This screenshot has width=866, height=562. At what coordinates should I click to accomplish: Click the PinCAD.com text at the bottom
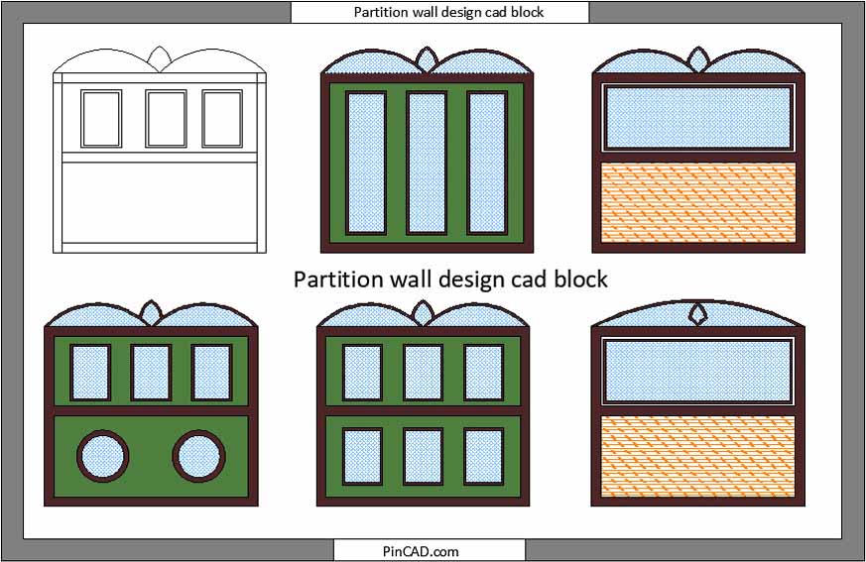click(x=421, y=551)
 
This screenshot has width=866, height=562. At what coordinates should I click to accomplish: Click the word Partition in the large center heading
click(x=338, y=280)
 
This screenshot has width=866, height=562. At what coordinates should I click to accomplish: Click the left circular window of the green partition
click(x=103, y=457)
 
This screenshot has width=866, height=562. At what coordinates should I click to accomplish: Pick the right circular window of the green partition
click(x=198, y=457)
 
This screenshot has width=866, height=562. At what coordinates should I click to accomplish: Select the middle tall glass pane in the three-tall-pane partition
click(x=427, y=163)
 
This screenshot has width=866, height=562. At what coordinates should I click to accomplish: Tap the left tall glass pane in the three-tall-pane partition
click(x=366, y=163)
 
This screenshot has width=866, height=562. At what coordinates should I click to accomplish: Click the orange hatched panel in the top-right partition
click(x=698, y=202)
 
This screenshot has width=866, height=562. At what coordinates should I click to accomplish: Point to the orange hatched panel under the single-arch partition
click(x=698, y=456)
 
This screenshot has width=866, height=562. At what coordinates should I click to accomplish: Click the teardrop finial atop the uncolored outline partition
click(x=160, y=59)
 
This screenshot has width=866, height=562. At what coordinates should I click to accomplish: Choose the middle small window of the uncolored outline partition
click(x=167, y=119)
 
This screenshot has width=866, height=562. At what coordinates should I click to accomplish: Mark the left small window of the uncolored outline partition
click(x=101, y=119)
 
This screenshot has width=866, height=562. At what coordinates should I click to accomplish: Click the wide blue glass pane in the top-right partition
click(x=698, y=118)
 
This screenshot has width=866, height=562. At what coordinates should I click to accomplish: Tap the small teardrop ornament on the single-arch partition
click(x=698, y=314)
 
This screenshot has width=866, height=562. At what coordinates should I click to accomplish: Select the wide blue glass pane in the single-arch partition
click(x=698, y=371)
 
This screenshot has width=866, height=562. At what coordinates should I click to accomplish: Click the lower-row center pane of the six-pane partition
click(x=423, y=457)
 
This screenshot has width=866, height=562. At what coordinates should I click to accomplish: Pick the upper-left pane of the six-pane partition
click(x=362, y=372)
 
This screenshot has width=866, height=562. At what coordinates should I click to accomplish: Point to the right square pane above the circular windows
click(x=212, y=372)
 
